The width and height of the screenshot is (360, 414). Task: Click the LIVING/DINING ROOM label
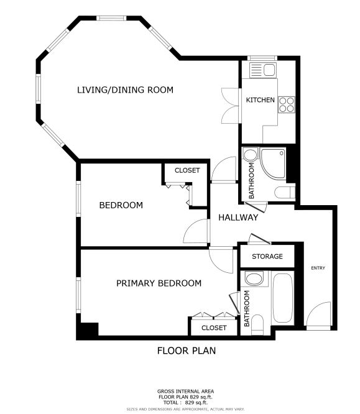(x=125, y=90)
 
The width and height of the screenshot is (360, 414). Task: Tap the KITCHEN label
(x=260, y=100)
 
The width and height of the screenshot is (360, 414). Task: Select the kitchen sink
(x=263, y=70)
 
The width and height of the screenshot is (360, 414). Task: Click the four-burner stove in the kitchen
(x=287, y=104)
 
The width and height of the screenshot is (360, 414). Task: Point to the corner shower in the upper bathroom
(x=273, y=163)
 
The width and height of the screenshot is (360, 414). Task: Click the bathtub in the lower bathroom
(x=283, y=298)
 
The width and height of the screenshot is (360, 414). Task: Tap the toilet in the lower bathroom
(x=257, y=324)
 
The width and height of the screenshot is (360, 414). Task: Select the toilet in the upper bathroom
(x=285, y=192)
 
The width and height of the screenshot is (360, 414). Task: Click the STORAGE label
(x=267, y=256)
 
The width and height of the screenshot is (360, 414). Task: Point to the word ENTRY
(x=318, y=268)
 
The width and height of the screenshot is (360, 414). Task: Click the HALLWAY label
(x=238, y=218)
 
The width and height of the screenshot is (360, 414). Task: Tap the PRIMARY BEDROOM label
(x=159, y=283)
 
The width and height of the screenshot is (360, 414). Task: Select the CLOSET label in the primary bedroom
(x=214, y=328)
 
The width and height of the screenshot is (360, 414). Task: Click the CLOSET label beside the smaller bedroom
(x=187, y=170)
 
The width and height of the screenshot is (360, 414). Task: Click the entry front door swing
(x=318, y=315)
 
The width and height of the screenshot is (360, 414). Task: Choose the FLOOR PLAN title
(x=187, y=351)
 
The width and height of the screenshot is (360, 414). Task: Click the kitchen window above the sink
(x=262, y=58)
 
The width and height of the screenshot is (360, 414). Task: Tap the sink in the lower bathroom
(x=254, y=279)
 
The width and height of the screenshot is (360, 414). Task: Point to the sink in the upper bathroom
(x=250, y=155)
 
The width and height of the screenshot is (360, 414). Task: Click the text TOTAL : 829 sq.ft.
(x=185, y=403)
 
